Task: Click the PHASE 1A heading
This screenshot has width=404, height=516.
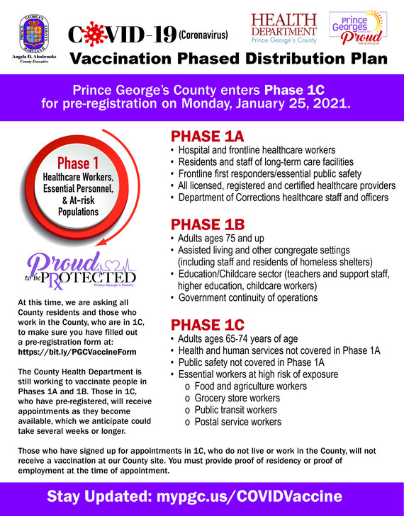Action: pyautogui.click(x=207, y=137)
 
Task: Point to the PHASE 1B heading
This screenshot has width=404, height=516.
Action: pyautogui.click(x=207, y=224)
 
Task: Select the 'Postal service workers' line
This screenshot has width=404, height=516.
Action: pyautogui.click(x=237, y=422)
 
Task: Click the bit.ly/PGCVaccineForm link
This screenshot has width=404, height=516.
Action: pyautogui.click(x=76, y=352)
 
